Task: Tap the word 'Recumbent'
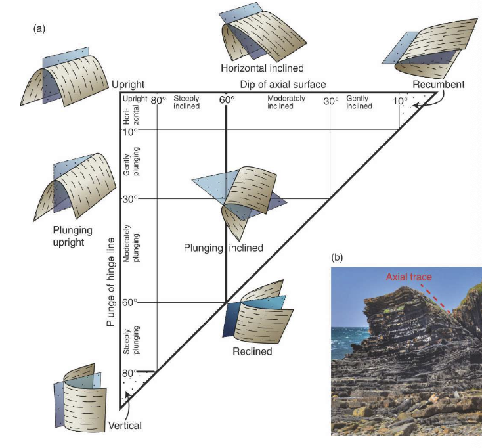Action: (438, 84)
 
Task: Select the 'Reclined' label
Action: (252, 351)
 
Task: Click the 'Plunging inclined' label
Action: (223, 248)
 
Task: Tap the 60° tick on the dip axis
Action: (227, 101)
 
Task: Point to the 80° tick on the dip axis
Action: (158, 101)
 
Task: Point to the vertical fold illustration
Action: (81, 397)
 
